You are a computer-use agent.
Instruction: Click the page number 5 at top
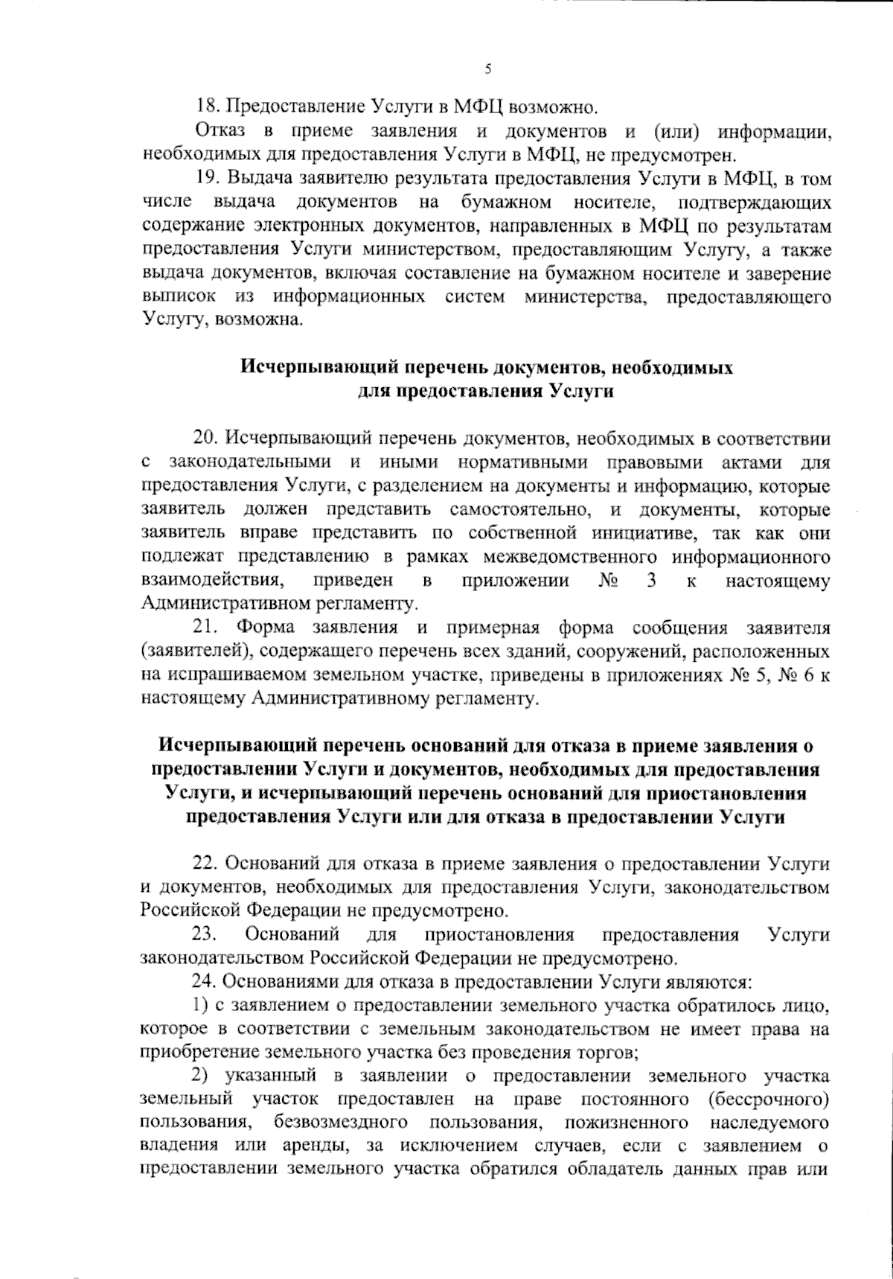pos(488,69)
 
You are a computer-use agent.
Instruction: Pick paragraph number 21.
pos(205,628)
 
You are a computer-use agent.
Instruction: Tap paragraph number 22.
pos(205,864)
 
